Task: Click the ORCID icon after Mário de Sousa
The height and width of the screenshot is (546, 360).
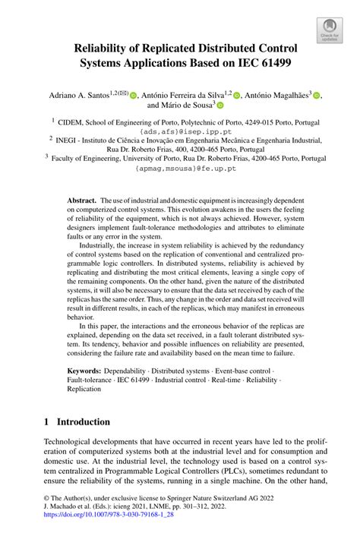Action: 221,107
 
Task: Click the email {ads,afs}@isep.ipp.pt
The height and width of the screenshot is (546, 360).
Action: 180,130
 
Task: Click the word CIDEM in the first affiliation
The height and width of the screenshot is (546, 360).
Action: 76,120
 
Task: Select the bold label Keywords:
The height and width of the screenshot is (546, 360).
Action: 87,371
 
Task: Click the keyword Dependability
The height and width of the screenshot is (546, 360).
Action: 137,371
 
